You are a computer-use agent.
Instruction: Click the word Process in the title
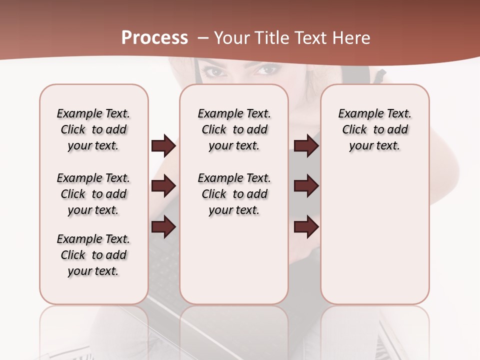click(154, 38)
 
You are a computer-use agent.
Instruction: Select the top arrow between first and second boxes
click(163, 146)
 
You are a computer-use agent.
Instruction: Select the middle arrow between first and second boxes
click(163, 186)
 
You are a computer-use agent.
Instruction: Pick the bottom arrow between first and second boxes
click(163, 226)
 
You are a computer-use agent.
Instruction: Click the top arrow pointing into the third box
click(306, 146)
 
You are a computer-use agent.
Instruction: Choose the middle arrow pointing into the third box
click(306, 186)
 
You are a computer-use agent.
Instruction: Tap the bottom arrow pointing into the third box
click(306, 226)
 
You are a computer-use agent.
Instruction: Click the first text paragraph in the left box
click(93, 129)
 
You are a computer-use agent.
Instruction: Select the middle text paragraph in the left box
click(93, 194)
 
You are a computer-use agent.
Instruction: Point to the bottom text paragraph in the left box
click(93, 255)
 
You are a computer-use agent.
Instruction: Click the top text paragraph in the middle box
click(234, 129)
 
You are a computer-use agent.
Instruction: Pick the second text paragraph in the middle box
click(234, 194)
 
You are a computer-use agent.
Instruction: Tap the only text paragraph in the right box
click(374, 129)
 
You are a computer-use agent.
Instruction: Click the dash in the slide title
click(203, 38)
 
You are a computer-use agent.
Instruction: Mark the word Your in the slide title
click(232, 38)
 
